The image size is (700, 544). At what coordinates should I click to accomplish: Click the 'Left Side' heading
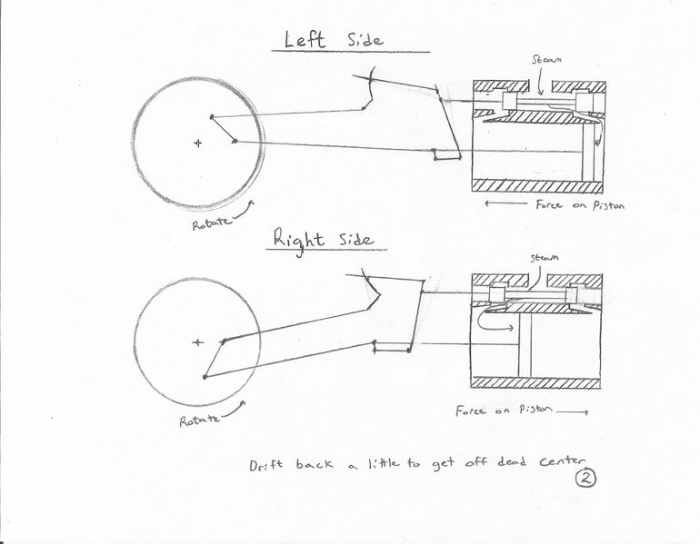[335, 40]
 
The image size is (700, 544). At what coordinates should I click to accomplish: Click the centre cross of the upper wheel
[197, 143]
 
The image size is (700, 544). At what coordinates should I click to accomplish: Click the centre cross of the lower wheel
[197, 341]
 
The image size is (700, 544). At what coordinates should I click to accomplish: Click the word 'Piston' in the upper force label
[606, 205]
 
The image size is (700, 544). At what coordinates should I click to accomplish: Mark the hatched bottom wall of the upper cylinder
[537, 184]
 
